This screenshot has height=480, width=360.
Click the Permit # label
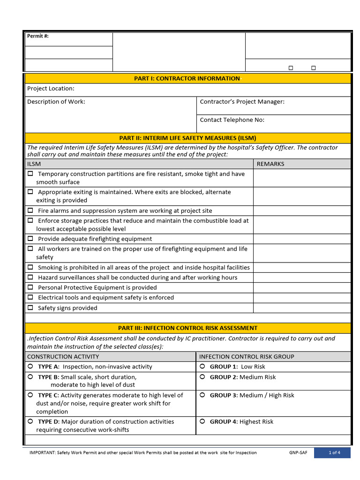[38, 36]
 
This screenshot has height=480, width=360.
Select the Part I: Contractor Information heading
[187, 78]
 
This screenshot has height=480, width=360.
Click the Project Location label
[51, 89]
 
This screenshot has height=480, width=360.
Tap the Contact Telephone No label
[232, 120]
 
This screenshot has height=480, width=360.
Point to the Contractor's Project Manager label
[242, 102]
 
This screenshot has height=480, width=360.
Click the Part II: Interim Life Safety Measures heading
[187, 138]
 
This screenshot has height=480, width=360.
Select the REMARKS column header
[270, 164]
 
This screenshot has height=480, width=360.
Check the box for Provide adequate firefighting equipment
[30, 239]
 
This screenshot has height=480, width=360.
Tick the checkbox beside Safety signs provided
[30, 307]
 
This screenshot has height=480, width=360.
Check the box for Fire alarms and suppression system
[30, 210]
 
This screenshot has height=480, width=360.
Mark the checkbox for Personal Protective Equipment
[30, 287]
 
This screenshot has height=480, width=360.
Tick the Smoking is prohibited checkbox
[30, 267]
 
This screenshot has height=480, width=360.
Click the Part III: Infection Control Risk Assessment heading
[187, 328]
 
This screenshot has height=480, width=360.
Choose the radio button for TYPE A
[30, 366]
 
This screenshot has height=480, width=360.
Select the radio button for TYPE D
[30, 421]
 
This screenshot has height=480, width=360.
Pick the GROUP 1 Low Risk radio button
[202, 366]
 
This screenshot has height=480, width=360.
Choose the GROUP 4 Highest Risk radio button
[202, 421]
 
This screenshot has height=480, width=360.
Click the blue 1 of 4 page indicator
[334, 453]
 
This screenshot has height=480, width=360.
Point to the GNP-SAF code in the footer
[298, 453]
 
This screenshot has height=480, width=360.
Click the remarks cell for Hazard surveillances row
[301, 277]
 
